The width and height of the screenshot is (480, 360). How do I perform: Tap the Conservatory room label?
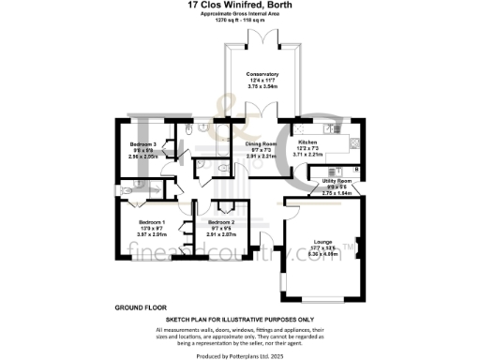tap(262, 73)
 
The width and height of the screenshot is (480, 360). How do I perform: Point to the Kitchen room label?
tap(308, 142)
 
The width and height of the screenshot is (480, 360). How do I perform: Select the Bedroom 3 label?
tap(142, 143)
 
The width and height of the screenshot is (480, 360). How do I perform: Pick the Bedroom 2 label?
tap(221, 222)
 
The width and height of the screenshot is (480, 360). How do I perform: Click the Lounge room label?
tap(322, 241)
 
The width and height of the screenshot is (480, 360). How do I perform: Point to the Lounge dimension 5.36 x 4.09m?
tap(322, 252)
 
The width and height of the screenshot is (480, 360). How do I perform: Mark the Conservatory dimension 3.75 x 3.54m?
tap(262, 85)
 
